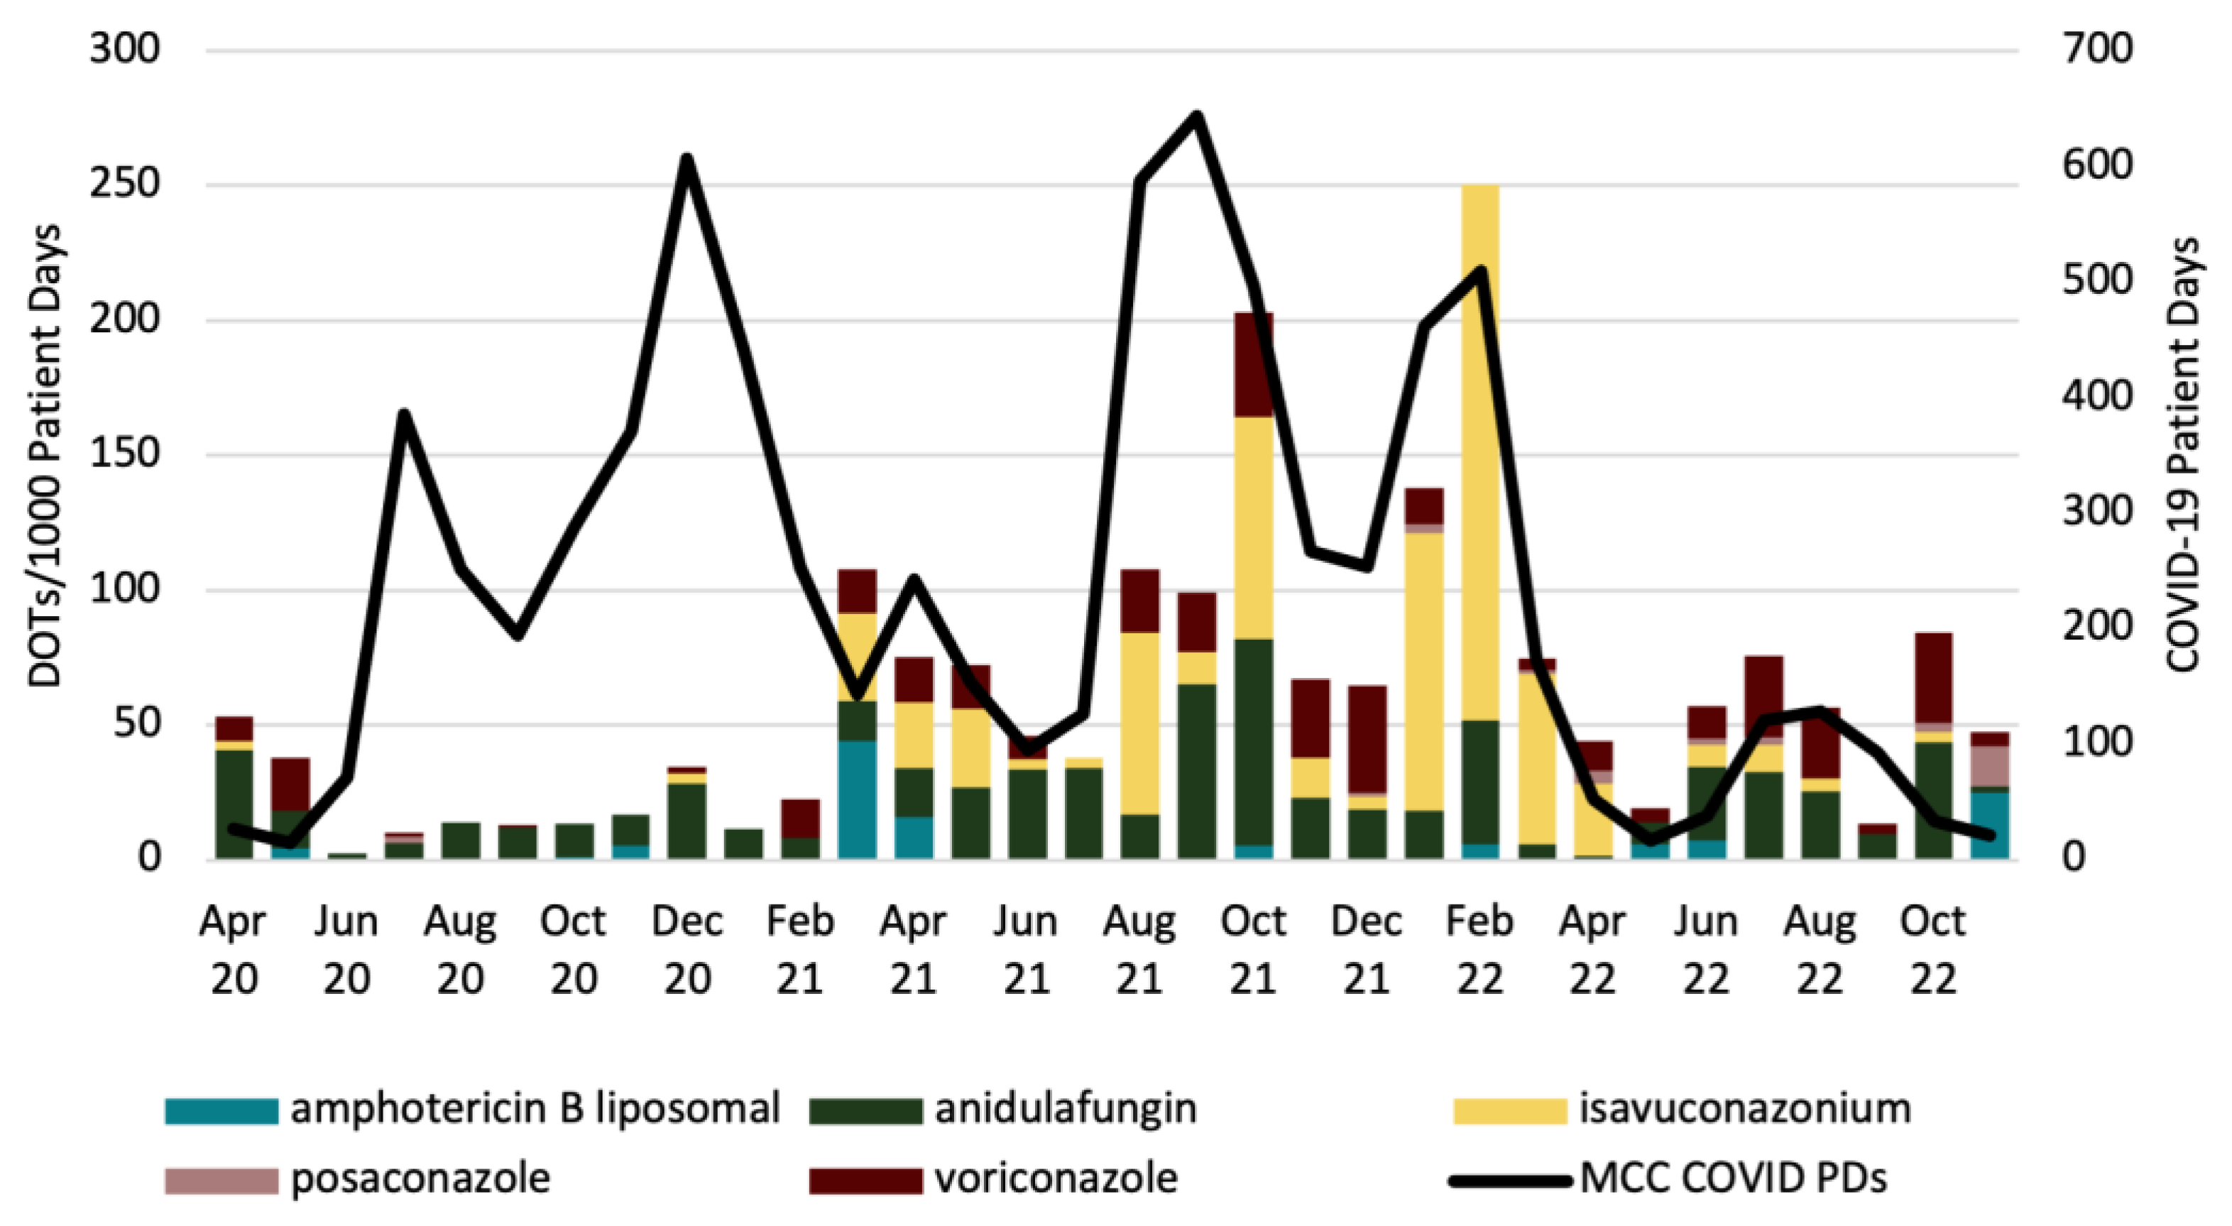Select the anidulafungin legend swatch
click(865, 1110)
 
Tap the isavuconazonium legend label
click(1745, 1108)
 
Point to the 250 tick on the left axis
click(125, 184)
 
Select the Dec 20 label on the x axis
click(687, 950)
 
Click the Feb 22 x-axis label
click(1479, 950)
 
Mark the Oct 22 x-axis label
click(1932, 950)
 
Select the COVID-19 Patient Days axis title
click(2182, 455)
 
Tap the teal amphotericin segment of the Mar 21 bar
click(857, 799)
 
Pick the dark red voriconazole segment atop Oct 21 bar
click(1253, 365)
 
